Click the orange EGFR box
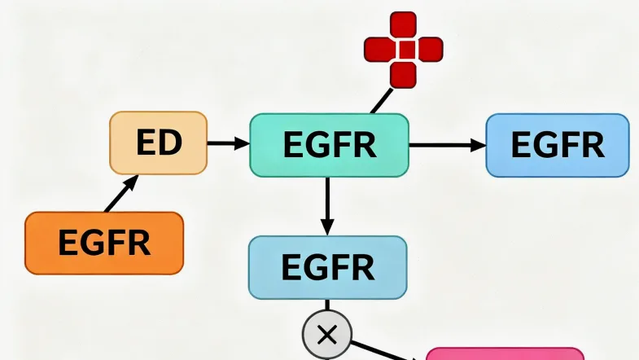point(104,243)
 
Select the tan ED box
point(158,143)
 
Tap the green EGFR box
point(329,145)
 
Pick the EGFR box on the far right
point(557,145)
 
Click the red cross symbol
point(403,50)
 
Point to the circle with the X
point(327,334)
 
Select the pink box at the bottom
point(505,354)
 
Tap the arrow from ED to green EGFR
point(228,144)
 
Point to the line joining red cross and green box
point(380,102)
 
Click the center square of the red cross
point(403,50)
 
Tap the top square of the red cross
point(403,24)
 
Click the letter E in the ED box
point(147,143)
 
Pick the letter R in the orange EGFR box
point(138,243)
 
